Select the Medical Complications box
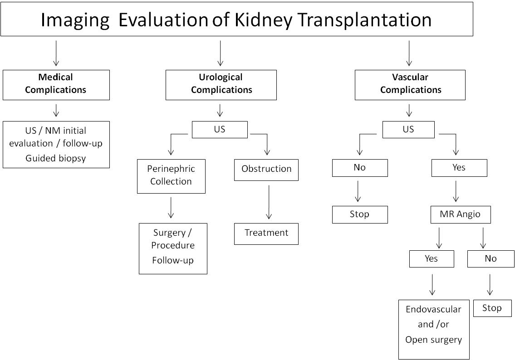(56, 84)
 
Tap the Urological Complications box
(221, 84)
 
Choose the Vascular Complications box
(410, 84)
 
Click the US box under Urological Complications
(220, 129)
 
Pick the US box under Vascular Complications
(408, 129)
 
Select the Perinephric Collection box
(171, 176)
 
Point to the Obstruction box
(266, 170)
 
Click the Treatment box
(266, 234)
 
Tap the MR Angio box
(460, 214)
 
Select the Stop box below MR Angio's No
(492, 308)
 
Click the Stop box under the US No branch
(359, 214)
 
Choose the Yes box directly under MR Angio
(431, 258)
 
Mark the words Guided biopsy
(56, 158)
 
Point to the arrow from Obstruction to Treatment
(269, 202)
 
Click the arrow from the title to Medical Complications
(56, 53)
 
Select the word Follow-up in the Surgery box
(173, 261)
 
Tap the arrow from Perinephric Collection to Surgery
(171, 208)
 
